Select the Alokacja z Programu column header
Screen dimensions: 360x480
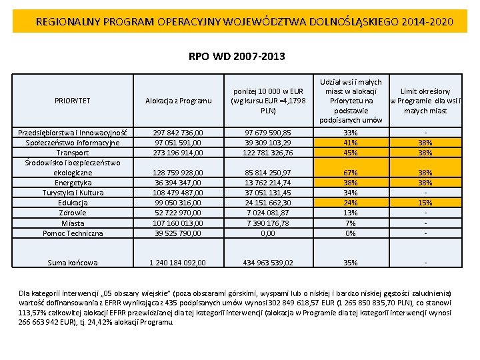click(x=178, y=101)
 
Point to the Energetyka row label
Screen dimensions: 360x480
click(x=73, y=183)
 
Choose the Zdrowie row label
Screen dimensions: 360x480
click(x=73, y=213)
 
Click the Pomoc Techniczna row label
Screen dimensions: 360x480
click(x=73, y=233)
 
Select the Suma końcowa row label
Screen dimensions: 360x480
click(x=73, y=263)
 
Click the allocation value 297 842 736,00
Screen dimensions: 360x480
click(x=178, y=133)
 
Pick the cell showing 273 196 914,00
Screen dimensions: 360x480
click(x=178, y=153)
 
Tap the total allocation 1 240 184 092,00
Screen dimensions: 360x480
click(x=178, y=263)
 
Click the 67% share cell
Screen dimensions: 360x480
click(x=351, y=173)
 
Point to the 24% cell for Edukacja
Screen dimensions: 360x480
click(x=351, y=203)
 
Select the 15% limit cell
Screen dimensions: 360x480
click(x=425, y=203)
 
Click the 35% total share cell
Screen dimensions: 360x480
click(x=351, y=263)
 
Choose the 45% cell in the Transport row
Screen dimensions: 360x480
click(x=351, y=153)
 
